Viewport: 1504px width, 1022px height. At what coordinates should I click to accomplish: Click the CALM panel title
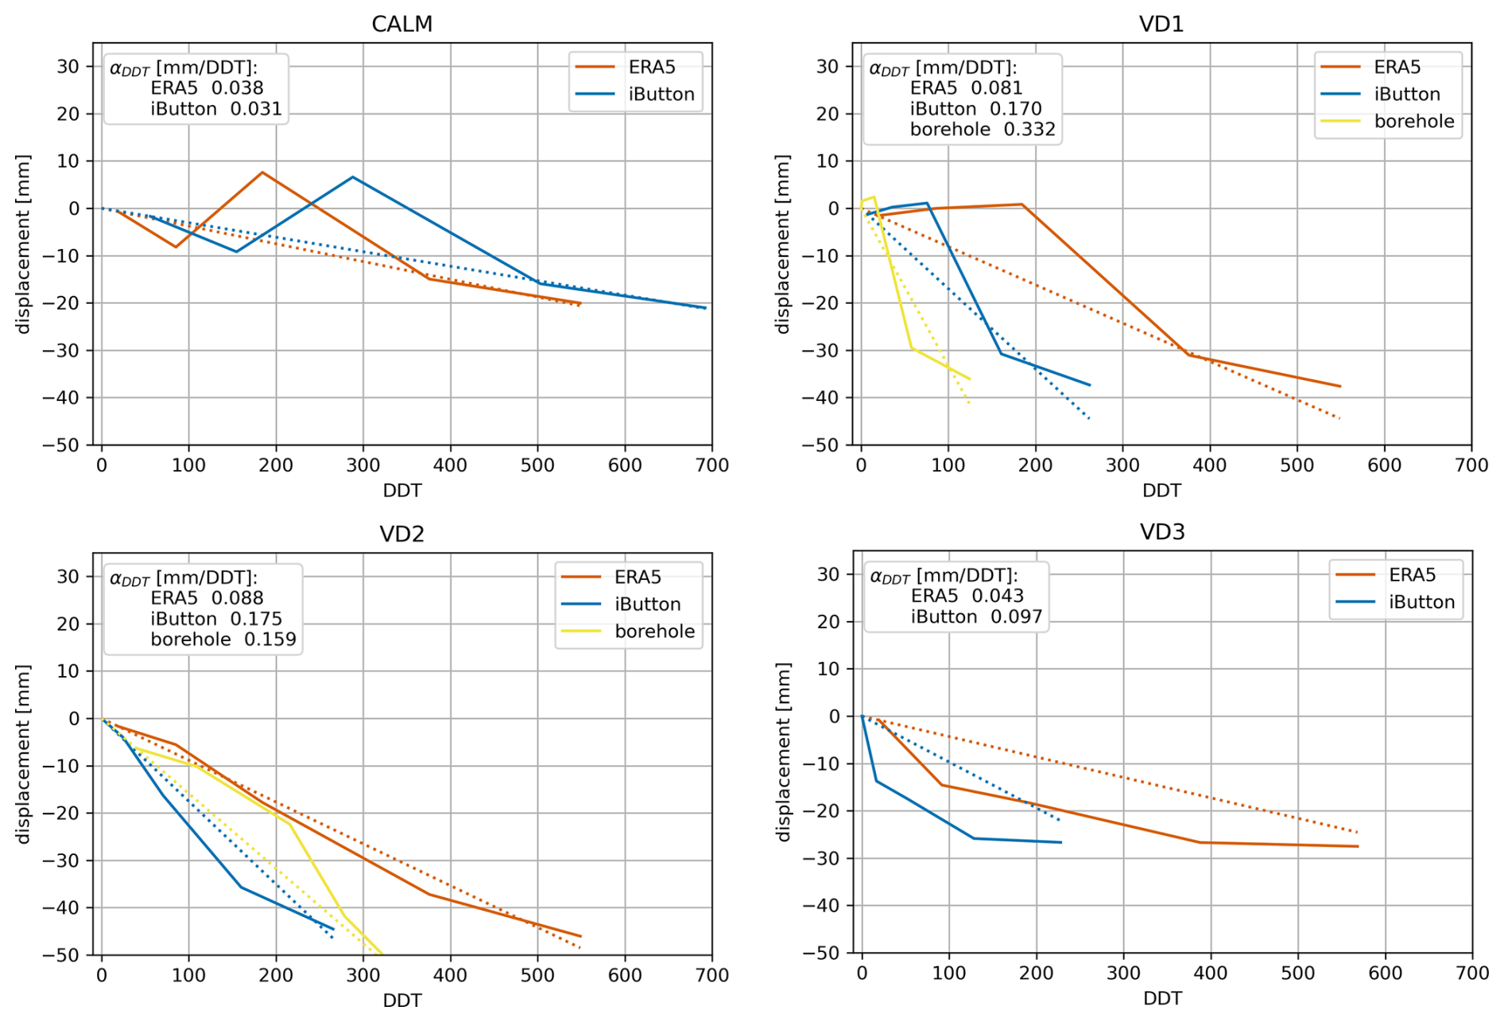(x=401, y=24)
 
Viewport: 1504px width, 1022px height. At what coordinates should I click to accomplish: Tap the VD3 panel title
(x=1161, y=531)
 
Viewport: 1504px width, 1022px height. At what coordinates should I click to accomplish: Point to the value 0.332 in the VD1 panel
(x=1029, y=130)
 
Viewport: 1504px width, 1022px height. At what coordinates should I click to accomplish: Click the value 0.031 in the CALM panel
(x=256, y=109)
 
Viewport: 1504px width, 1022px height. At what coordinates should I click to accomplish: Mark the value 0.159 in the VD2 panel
(x=269, y=639)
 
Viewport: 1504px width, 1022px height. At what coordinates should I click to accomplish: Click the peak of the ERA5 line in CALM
(x=262, y=173)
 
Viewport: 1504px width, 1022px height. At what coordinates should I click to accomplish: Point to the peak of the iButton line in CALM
(x=352, y=177)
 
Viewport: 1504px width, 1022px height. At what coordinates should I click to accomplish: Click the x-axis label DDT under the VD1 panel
(x=1161, y=490)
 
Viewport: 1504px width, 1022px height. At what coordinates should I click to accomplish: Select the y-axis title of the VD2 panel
(x=22, y=753)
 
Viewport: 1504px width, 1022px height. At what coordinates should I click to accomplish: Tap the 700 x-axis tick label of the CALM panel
(x=711, y=465)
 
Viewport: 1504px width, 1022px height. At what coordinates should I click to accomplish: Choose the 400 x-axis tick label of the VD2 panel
(x=450, y=975)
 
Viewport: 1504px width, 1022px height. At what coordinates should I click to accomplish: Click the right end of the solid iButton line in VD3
(x=1061, y=842)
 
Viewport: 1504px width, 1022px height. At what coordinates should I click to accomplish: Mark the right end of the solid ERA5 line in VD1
(x=1340, y=387)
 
